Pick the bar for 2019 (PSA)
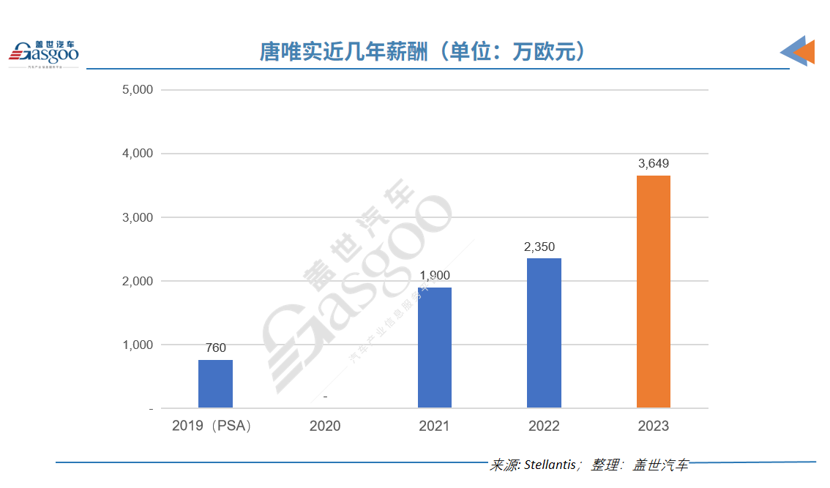(215, 383)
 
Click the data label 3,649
(653, 164)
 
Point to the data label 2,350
(544, 247)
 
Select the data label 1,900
(435, 276)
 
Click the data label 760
(215, 348)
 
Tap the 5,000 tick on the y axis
(137, 90)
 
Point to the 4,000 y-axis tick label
(137, 154)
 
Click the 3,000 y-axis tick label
(137, 217)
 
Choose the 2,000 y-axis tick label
(137, 281)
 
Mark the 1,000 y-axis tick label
(137, 345)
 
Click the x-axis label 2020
(325, 426)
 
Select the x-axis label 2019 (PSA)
(212, 426)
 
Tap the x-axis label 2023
(653, 426)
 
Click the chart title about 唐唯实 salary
(423, 52)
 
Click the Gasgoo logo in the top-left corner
(43, 53)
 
